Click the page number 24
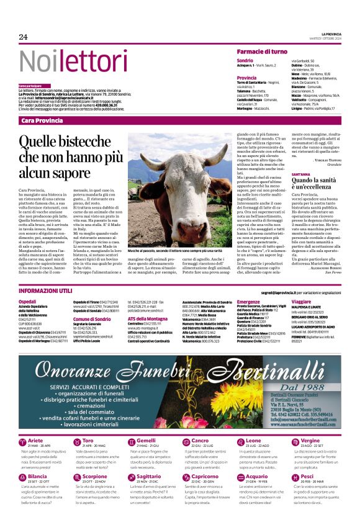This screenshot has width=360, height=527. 23,37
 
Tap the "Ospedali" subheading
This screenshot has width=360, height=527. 28,300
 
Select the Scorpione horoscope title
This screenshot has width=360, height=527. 95,476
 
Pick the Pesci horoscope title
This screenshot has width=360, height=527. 307,476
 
